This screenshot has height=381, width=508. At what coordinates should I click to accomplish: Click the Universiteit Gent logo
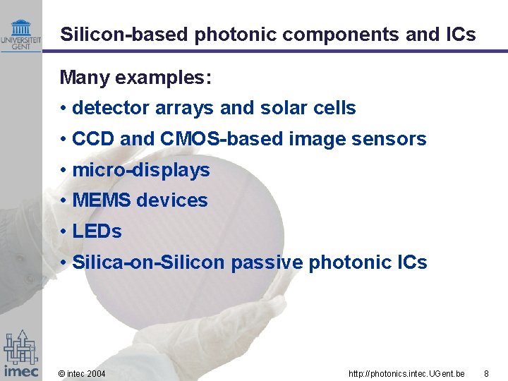coord(21,35)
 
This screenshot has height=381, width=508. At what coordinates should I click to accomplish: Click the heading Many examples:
coord(135,77)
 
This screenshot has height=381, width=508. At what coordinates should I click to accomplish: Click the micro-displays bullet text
coord(140,170)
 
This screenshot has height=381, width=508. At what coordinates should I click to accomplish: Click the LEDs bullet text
coord(97,231)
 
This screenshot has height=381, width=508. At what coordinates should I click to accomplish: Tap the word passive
coord(267,262)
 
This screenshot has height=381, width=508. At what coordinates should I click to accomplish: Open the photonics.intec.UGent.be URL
coord(406,373)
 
